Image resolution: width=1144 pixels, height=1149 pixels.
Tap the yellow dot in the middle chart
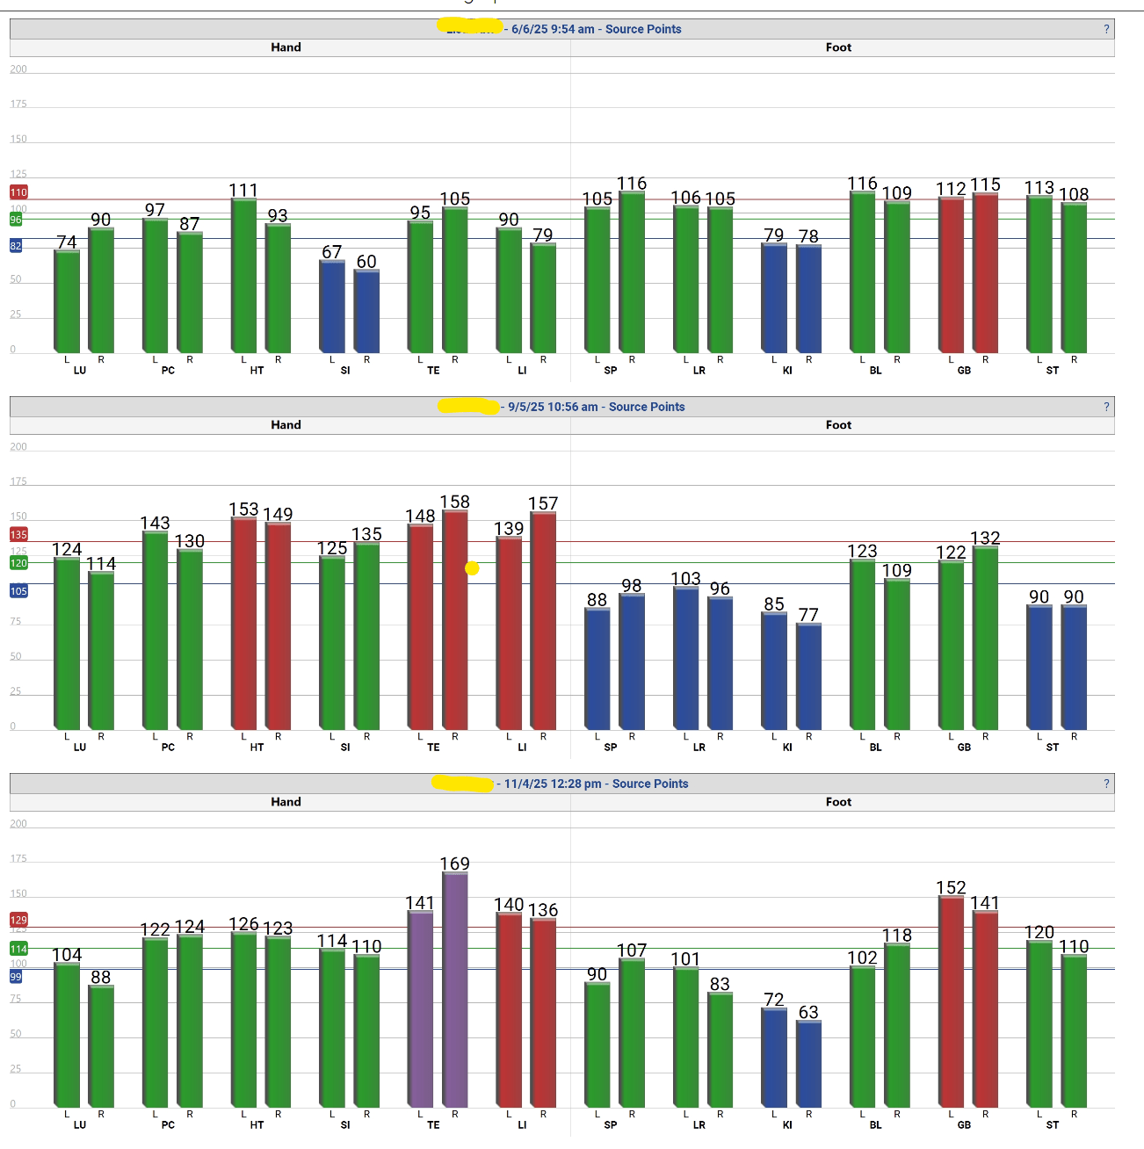(472, 568)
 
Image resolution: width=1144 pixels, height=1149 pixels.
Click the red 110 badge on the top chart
(18, 192)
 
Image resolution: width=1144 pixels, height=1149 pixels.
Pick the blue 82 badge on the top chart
(16, 247)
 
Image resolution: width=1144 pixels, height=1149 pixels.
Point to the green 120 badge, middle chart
(18, 563)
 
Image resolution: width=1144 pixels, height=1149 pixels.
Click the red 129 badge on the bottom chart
(18, 920)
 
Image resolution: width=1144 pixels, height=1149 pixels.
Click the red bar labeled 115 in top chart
(986, 272)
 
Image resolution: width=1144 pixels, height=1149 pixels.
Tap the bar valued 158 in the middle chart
(455, 619)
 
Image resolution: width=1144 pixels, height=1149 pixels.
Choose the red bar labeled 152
(952, 1001)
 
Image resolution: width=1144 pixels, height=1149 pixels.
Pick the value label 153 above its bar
(243, 509)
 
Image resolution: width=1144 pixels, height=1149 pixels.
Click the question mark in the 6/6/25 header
(1106, 29)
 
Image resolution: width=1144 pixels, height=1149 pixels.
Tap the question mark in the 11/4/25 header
(1106, 784)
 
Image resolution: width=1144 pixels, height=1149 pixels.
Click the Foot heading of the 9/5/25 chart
(838, 425)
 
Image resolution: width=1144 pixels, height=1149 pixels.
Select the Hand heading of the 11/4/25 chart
(286, 802)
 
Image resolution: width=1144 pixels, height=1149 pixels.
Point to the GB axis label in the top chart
(964, 371)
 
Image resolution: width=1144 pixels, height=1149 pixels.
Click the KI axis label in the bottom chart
(787, 1125)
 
